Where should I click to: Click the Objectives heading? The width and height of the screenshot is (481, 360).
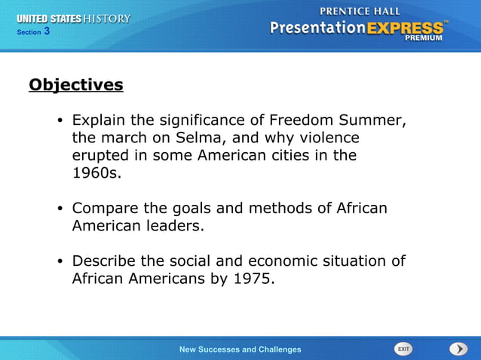pyautogui.click(x=75, y=85)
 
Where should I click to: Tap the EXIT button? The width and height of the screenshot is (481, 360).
pyautogui.click(x=403, y=349)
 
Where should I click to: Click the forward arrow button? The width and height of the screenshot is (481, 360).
pyautogui.click(x=458, y=349)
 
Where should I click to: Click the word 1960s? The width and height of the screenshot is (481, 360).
pyautogui.click(x=96, y=173)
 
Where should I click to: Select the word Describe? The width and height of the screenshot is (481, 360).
pyautogui.click(x=106, y=261)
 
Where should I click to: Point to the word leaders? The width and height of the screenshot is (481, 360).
pyautogui.click(x=176, y=226)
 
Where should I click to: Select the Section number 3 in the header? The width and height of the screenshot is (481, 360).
pyautogui.click(x=47, y=31)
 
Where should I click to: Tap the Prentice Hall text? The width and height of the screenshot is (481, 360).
pyautogui.click(x=360, y=11)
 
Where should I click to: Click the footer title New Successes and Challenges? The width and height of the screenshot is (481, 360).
pyautogui.click(x=240, y=349)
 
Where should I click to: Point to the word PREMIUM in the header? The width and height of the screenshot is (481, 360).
pyautogui.click(x=424, y=38)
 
